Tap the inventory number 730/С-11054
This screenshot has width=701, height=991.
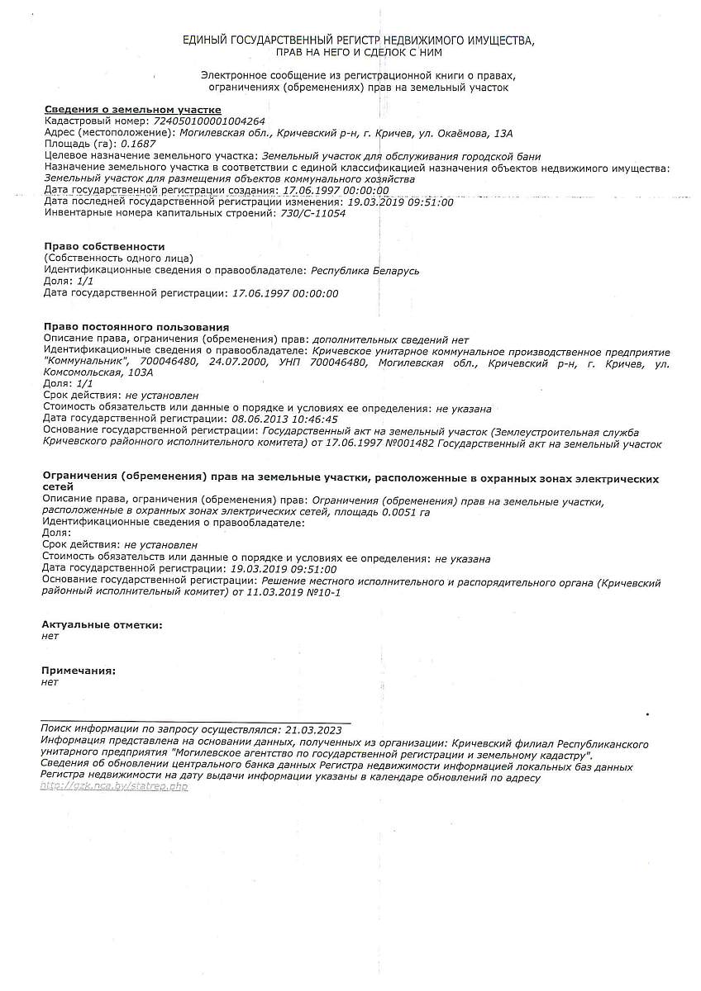(x=313, y=213)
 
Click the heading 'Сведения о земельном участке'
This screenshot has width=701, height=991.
(x=132, y=110)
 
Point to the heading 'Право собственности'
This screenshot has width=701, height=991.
(x=104, y=247)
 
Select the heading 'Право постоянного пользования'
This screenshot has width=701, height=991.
(x=136, y=328)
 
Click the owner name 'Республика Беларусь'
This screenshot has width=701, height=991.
(x=365, y=270)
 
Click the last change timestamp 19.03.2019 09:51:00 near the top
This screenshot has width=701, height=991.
(x=401, y=202)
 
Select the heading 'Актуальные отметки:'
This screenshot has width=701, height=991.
(x=102, y=625)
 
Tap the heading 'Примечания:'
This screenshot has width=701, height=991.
(x=79, y=671)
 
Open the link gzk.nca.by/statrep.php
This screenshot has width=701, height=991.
(x=114, y=786)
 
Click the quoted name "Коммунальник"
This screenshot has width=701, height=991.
(x=86, y=363)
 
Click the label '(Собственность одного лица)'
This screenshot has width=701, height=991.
(x=117, y=258)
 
